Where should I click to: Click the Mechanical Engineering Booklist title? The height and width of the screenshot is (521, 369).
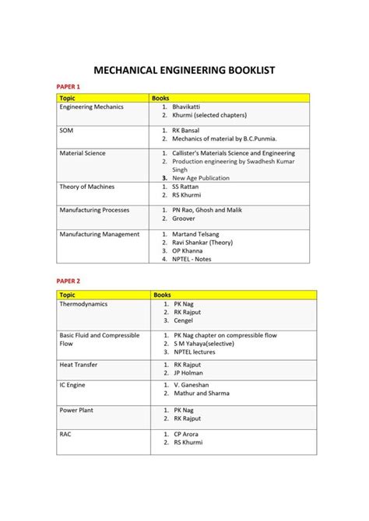(x=184, y=70)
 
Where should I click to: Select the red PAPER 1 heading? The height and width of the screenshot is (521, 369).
(x=69, y=86)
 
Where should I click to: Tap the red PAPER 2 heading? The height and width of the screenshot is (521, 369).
(x=69, y=281)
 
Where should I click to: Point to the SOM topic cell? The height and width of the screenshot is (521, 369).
(x=66, y=131)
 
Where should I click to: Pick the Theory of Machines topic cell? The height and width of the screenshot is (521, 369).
(x=86, y=187)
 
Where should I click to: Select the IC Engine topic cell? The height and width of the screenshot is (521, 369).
(x=74, y=384)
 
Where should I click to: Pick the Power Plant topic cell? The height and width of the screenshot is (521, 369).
(x=76, y=409)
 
